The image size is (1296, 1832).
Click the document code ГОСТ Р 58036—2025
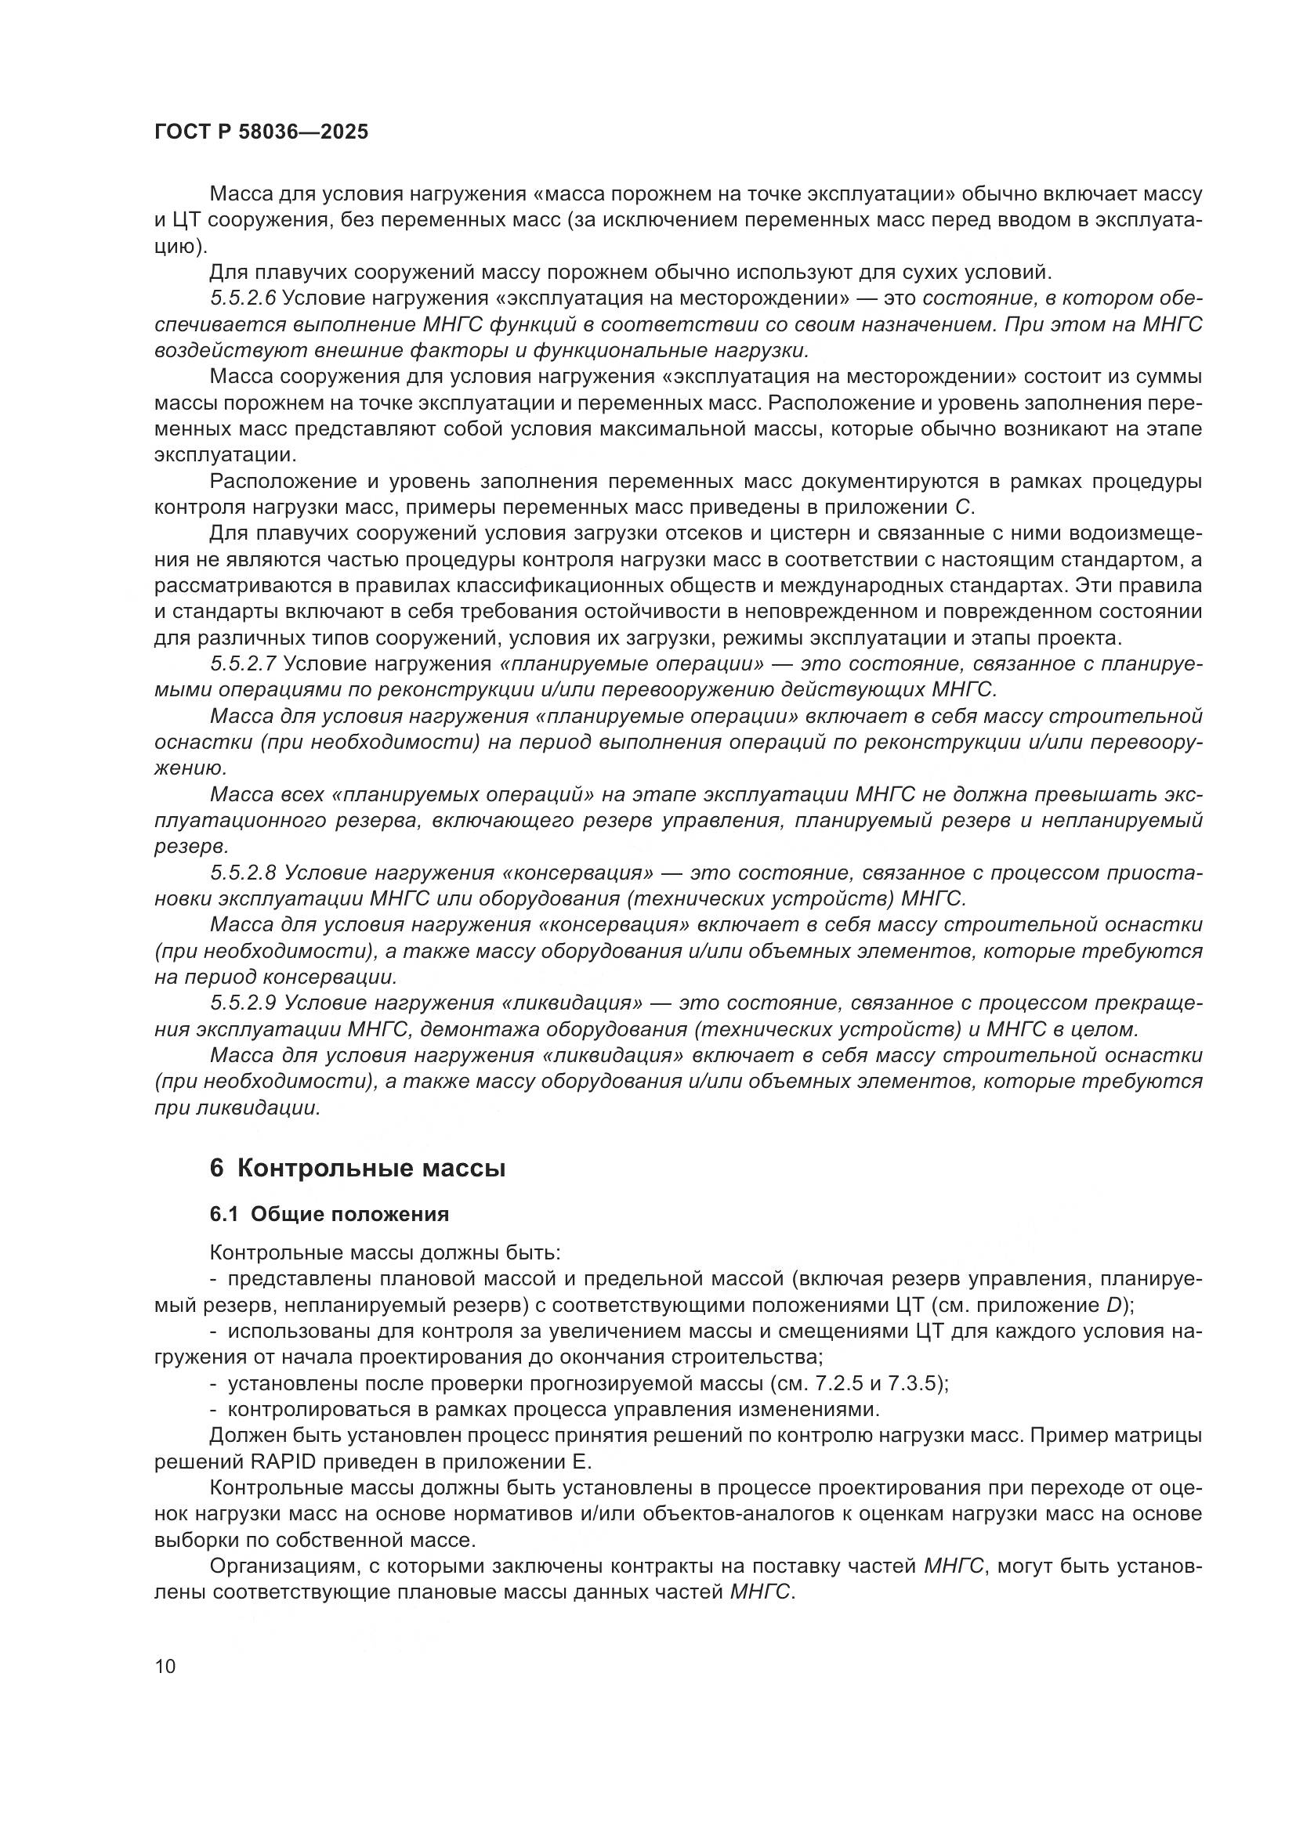261,132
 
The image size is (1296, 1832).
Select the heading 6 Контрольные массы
357,1169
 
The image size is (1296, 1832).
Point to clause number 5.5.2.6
244,298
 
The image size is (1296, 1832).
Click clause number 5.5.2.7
244,664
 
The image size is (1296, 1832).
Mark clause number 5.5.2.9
244,1003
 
